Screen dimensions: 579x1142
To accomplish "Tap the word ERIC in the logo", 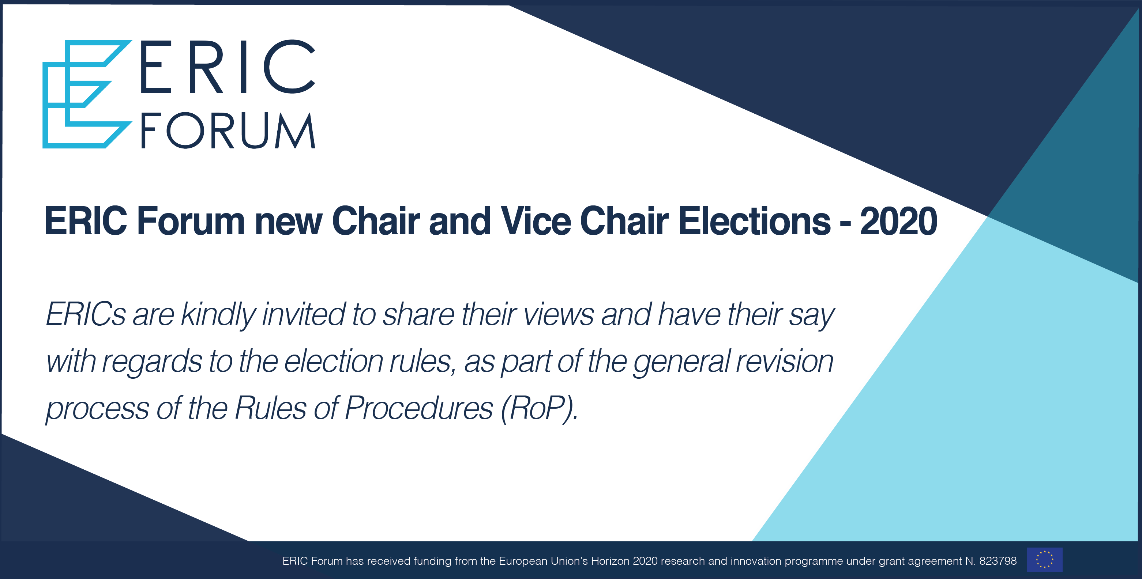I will [x=227, y=67].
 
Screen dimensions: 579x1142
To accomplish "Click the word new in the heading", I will [x=288, y=221].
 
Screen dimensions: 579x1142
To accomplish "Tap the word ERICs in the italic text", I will [x=86, y=314].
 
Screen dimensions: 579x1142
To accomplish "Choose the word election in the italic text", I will [x=333, y=361].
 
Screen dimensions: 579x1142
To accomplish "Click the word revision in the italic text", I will [x=785, y=361].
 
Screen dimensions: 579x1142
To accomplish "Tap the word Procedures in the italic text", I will [x=418, y=408].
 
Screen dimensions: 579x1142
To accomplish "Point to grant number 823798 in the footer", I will [x=998, y=561].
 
